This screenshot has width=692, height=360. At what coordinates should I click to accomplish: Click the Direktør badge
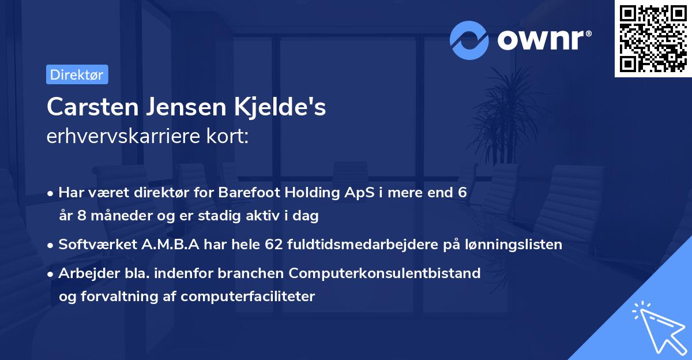click(77, 75)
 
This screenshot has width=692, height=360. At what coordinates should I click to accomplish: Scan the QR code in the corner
click(653, 38)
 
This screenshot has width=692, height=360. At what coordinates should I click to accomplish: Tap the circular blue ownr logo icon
click(470, 40)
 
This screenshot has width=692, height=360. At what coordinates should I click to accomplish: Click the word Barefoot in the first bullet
click(246, 193)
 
